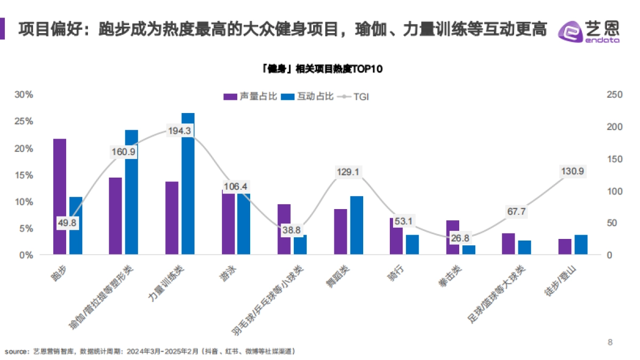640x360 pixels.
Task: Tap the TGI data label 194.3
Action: point(181,131)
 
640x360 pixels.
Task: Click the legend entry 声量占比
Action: point(250,97)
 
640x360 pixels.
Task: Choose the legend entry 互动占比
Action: point(307,97)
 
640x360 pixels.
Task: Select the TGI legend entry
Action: point(354,97)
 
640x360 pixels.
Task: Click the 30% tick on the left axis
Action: point(23,94)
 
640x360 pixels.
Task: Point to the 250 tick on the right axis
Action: point(615,94)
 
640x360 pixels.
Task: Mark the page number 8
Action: point(611,342)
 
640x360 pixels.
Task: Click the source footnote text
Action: point(150,351)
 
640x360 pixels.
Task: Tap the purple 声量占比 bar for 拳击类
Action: point(452,237)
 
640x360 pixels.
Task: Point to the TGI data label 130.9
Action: point(573,171)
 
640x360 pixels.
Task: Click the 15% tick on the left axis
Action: point(23,175)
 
